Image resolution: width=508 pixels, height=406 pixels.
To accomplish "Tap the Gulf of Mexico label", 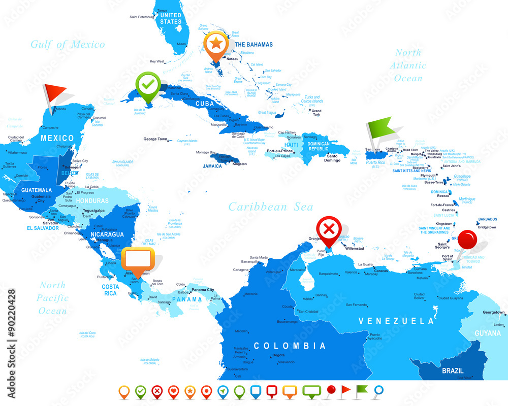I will tap(68, 44).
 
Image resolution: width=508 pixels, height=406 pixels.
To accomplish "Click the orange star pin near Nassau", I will tap(216, 44).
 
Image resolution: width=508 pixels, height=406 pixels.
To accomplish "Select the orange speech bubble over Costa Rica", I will tap(138, 260).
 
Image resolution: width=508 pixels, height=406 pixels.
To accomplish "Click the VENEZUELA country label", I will tap(396, 321).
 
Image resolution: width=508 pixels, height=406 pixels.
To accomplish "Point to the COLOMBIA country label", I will tap(290, 346).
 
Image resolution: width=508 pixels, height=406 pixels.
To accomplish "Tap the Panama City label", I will tap(203, 289).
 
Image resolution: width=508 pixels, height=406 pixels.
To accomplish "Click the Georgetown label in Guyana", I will tap(493, 312).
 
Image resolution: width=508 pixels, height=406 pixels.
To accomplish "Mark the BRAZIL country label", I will tap(452, 370).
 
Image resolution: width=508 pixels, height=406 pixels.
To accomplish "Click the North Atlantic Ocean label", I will tap(408, 65).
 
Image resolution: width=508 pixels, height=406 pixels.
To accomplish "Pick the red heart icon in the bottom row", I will tap(174, 391).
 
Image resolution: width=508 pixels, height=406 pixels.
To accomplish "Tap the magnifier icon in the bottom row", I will tap(378, 391).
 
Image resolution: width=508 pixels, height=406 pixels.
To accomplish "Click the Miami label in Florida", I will tap(181, 44).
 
